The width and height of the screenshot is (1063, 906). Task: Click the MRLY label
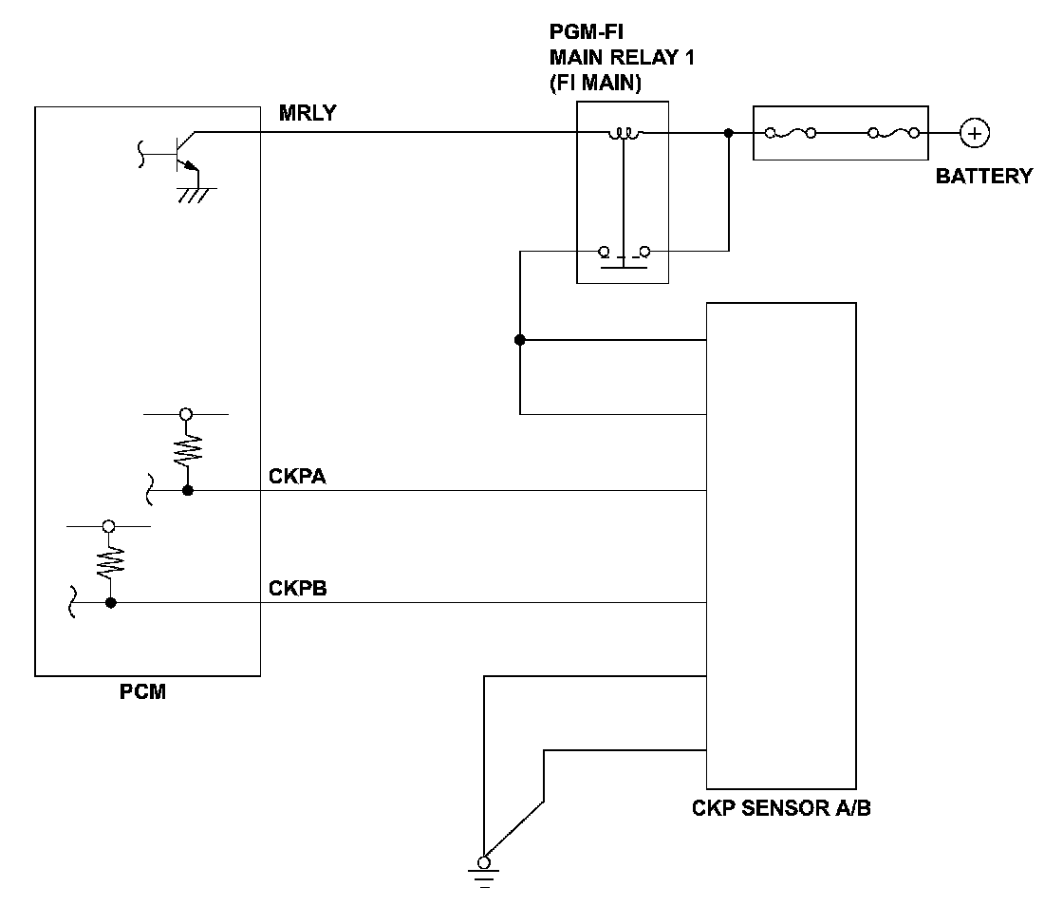click(308, 113)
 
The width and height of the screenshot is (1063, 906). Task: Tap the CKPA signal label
click(297, 477)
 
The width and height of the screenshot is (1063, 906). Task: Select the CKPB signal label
click(298, 588)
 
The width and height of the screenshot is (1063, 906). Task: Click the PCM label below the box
click(142, 691)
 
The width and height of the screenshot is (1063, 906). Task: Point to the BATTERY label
click(983, 177)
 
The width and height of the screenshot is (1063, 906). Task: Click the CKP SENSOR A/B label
click(781, 808)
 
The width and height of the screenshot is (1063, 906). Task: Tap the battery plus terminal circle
click(974, 133)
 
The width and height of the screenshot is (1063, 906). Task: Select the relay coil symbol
click(624, 134)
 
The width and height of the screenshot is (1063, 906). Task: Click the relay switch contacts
click(624, 256)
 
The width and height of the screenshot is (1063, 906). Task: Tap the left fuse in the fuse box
click(791, 133)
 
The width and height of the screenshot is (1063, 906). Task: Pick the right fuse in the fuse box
click(894, 133)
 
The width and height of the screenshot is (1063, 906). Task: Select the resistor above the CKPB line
click(110, 563)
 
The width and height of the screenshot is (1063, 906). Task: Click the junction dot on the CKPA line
click(188, 490)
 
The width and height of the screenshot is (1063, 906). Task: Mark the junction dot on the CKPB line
click(110, 602)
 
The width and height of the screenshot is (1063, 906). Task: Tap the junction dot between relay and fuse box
click(729, 133)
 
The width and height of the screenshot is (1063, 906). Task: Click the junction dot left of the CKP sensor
click(520, 340)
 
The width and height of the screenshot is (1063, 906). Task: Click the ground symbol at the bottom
click(484, 875)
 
